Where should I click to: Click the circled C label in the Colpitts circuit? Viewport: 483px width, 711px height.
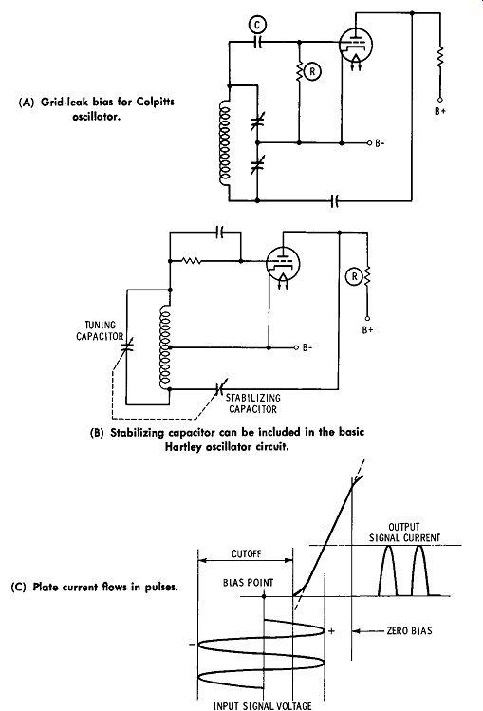tap(257, 26)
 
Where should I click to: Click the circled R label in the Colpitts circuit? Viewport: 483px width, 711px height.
tap(312, 71)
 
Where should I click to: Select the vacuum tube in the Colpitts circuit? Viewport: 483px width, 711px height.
tap(355, 46)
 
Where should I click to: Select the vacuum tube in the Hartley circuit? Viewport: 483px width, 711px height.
tap(284, 264)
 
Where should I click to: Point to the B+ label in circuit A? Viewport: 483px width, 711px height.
tap(440, 111)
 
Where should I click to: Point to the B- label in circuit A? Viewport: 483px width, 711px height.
tap(380, 143)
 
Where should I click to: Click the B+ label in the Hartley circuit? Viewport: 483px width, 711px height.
tap(367, 329)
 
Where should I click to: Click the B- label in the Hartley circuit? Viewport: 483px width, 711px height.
tap(307, 347)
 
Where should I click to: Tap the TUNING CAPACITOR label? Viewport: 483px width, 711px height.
tap(100, 330)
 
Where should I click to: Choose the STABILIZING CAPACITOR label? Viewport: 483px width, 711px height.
tap(252, 403)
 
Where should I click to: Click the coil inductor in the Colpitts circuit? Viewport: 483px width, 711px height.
tap(225, 145)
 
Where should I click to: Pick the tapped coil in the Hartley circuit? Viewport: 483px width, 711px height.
tap(164, 347)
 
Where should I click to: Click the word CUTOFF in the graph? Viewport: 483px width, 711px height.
tap(246, 553)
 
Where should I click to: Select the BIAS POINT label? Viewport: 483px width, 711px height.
tap(249, 582)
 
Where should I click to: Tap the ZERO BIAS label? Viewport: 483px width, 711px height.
tap(409, 630)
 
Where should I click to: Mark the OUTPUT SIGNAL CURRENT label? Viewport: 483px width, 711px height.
tap(404, 533)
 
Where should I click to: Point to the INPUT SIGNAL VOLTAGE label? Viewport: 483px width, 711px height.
tap(262, 705)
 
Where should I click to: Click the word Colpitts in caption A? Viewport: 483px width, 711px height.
tap(156, 102)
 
